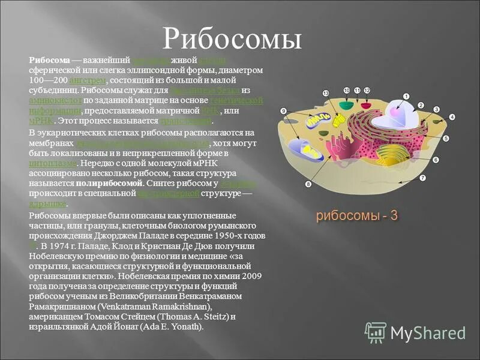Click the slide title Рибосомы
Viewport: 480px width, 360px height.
(x=232, y=39)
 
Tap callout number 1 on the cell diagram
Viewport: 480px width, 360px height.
(x=406, y=96)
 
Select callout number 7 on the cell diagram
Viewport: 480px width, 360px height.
(x=422, y=178)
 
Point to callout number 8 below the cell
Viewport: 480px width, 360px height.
(x=308, y=184)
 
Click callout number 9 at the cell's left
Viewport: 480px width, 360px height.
(x=283, y=110)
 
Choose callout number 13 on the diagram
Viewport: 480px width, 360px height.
(x=326, y=93)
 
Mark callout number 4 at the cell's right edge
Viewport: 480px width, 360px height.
(x=452, y=117)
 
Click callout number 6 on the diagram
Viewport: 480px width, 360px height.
(x=436, y=160)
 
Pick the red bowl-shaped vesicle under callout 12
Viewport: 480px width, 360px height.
(x=365, y=106)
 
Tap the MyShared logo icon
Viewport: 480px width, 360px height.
(x=375, y=332)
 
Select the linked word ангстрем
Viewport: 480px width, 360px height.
(x=88, y=80)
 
